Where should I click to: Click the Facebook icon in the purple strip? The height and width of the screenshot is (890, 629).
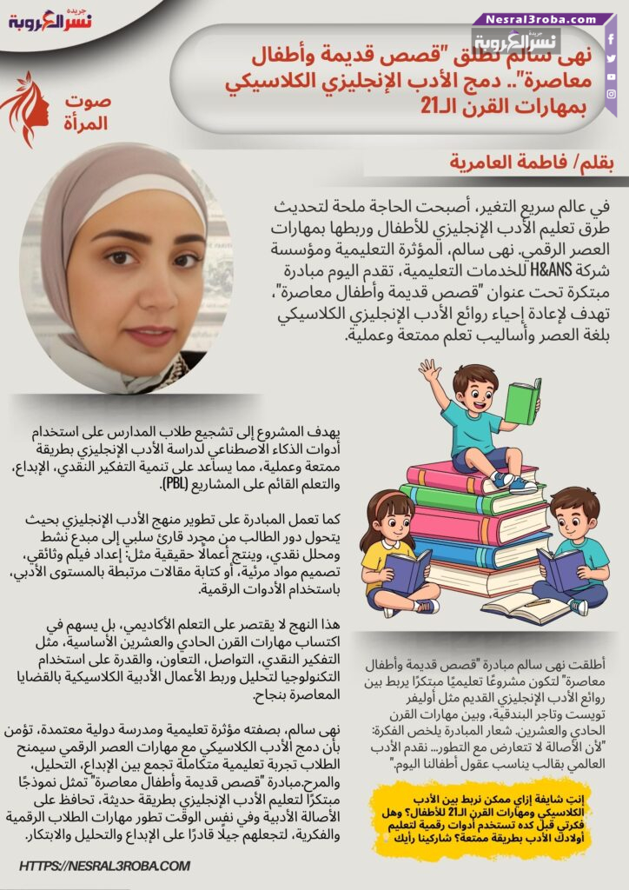click(x=611, y=40)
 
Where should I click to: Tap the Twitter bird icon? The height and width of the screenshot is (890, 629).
click(x=611, y=58)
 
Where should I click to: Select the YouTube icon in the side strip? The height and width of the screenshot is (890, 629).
click(x=611, y=76)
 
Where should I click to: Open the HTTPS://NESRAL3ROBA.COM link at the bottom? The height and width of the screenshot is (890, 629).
click(x=104, y=866)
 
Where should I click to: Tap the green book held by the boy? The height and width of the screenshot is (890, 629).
click(x=523, y=402)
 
